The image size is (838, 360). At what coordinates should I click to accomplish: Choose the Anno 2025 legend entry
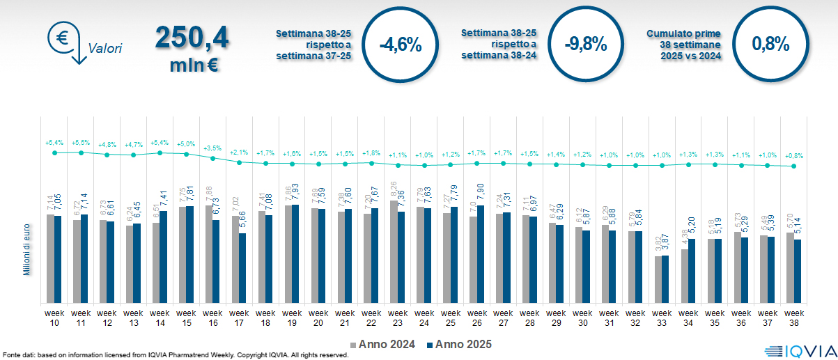coord(459,344)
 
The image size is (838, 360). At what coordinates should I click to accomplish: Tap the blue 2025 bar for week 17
coord(243,268)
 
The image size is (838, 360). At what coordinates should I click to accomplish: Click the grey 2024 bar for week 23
coord(394,251)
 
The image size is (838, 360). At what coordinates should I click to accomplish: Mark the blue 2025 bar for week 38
coord(798,271)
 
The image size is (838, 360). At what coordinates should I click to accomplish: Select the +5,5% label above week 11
coord(81,142)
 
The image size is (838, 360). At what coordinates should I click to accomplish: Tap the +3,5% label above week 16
coord(213,148)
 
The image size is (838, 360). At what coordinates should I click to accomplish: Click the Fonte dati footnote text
coord(175,355)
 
